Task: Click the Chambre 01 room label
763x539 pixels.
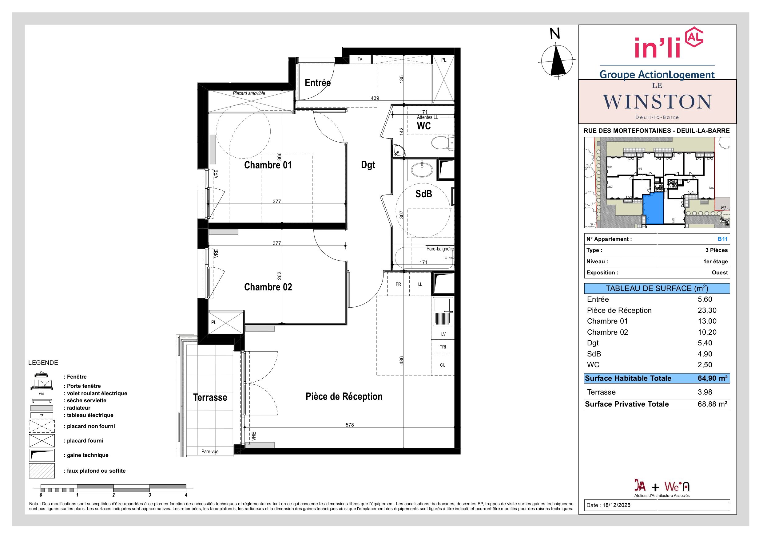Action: pyautogui.click(x=268, y=165)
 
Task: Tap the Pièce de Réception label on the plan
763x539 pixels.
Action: pyautogui.click(x=344, y=396)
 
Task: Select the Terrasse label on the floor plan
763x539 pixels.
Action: pyautogui.click(x=210, y=398)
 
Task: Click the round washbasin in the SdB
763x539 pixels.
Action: pyautogui.click(x=422, y=170)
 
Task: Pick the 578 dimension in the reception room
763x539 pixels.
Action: pyautogui.click(x=350, y=425)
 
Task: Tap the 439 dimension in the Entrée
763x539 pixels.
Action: pyautogui.click(x=375, y=98)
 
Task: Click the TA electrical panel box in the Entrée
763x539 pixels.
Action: pyautogui.click(x=360, y=59)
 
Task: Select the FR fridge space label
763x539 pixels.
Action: pyautogui.click(x=398, y=284)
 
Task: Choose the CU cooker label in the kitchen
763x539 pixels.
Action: pyautogui.click(x=443, y=365)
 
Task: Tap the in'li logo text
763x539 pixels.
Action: pyautogui.click(x=658, y=48)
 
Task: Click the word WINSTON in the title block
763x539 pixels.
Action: pyautogui.click(x=657, y=102)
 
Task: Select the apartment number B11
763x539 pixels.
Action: pyautogui.click(x=722, y=239)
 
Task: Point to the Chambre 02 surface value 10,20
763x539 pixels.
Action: pyautogui.click(x=707, y=332)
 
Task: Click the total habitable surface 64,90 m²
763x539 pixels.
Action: pyautogui.click(x=713, y=378)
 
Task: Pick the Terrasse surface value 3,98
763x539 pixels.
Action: pyautogui.click(x=705, y=392)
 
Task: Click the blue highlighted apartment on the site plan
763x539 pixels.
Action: pyautogui.click(x=653, y=209)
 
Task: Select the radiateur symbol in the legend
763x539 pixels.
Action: pyautogui.click(x=42, y=408)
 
